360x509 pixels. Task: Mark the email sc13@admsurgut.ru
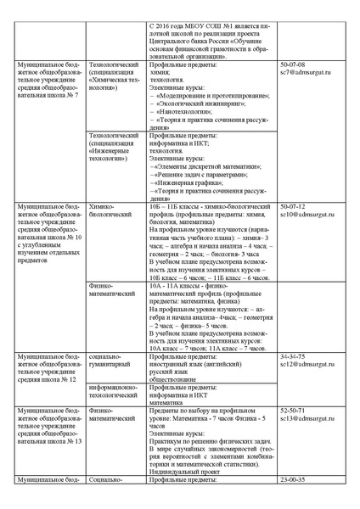click(x=304, y=418)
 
